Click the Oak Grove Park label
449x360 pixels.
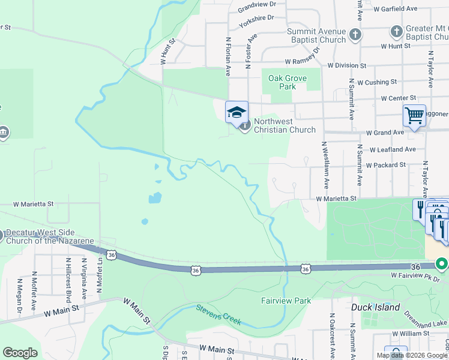pyautogui.click(x=287, y=82)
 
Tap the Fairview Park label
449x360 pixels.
pyautogui.click(x=286, y=301)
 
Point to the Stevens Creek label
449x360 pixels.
pyautogui.click(x=218, y=315)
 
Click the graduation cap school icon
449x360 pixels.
pyautogui.click(x=237, y=112)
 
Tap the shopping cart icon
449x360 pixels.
pyautogui.click(x=414, y=115)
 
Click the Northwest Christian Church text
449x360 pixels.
pyautogui.click(x=285, y=125)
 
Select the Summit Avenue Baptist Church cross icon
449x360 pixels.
pyautogui.click(x=355, y=34)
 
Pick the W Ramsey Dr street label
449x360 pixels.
pyautogui.click(x=304, y=61)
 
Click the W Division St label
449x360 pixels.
pyautogui.click(x=347, y=65)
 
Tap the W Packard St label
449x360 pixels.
pyautogui.click(x=386, y=164)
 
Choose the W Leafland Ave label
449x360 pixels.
pyautogui.click(x=393, y=149)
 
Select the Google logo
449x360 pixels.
pyautogui.click(x=20, y=353)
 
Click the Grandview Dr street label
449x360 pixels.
pyautogui.click(x=256, y=8)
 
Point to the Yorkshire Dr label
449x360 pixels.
pyautogui.click(x=256, y=22)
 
